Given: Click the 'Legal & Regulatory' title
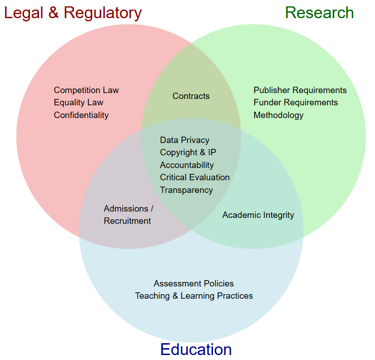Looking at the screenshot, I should point(73,13).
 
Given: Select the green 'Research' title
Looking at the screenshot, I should point(319,13).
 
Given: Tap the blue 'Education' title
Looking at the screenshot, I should point(196,350).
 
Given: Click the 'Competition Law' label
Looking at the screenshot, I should point(86,90).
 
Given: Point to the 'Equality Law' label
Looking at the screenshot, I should point(79,103).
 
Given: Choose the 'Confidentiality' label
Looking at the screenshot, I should point(81,115).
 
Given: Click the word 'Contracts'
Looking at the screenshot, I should point(191,96).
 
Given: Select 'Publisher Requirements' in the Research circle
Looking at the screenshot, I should point(300,90).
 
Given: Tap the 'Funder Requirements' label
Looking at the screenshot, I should point(296,103).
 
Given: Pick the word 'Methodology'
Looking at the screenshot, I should point(278,115).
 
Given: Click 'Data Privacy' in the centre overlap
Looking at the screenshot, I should point(185,140).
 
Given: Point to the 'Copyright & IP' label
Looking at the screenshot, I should point(188,153).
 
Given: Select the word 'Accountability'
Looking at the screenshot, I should point(187,165).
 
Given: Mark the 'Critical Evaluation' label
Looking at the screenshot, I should point(195,178).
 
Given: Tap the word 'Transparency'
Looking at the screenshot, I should point(186,190).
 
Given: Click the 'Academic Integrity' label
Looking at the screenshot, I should point(258,215).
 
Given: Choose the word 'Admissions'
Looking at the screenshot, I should point(126,209).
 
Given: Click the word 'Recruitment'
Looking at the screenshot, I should point(127,221).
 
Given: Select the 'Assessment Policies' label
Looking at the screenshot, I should point(193,284).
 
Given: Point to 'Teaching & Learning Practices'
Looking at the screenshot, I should point(194,296).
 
